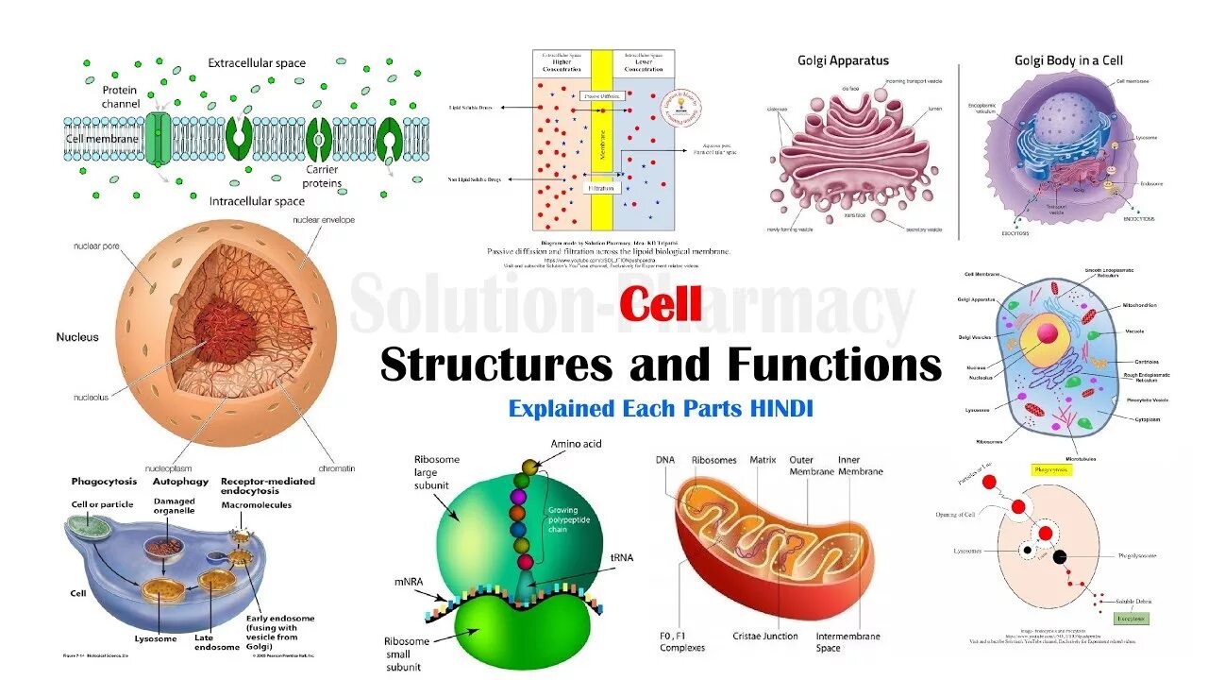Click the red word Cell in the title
[x=661, y=306]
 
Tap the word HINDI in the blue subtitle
[x=781, y=409]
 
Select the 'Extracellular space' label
[x=257, y=63]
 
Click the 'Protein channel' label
[x=121, y=96]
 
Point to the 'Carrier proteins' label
[x=322, y=177]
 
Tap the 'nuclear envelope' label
[x=321, y=219]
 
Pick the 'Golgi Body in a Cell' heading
[x=1068, y=60]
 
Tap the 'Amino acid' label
[x=577, y=444]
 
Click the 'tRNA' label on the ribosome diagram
[x=622, y=557]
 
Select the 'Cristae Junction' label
[x=765, y=637]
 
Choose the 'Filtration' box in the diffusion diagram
[x=601, y=188]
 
